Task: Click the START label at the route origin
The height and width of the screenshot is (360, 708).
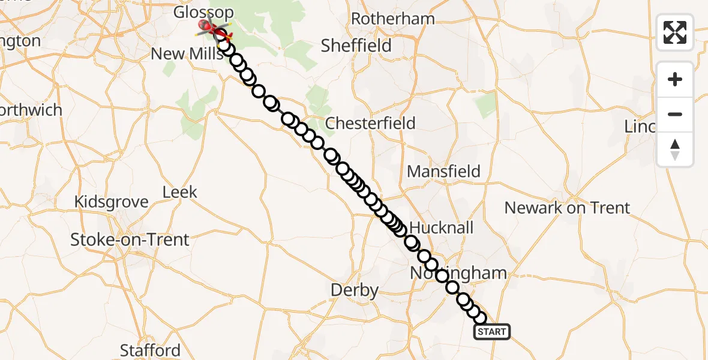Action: click(x=492, y=332)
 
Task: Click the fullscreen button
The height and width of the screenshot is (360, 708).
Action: click(x=675, y=32)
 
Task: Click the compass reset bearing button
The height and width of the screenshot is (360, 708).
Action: click(x=675, y=149)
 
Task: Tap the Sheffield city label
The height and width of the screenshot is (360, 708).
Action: click(x=356, y=46)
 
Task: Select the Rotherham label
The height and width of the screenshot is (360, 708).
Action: click(x=392, y=19)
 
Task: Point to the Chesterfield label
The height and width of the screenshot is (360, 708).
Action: click(x=370, y=124)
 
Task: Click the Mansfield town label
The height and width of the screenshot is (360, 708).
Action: click(x=443, y=172)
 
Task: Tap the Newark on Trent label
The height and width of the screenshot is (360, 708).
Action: click(x=567, y=208)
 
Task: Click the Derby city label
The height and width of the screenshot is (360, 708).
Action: click(x=355, y=291)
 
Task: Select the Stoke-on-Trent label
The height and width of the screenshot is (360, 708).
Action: click(x=130, y=240)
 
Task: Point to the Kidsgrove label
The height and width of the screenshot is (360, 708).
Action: click(x=111, y=202)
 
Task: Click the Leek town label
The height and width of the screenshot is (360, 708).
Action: click(x=180, y=192)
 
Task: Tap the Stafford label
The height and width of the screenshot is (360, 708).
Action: click(x=150, y=350)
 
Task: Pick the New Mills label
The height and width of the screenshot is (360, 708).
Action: click(x=184, y=54)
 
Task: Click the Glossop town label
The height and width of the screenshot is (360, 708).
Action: click(x=195, y=12)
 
